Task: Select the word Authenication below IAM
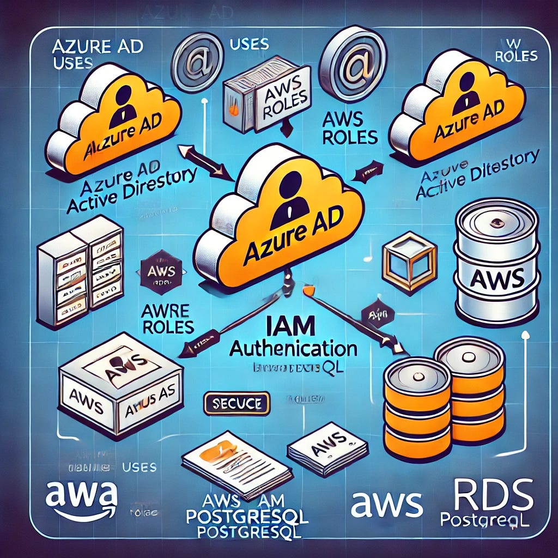click(x=293, y=348)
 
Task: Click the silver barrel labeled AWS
click(x=496, y=259)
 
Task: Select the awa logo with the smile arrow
click(x=81, y=499)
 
